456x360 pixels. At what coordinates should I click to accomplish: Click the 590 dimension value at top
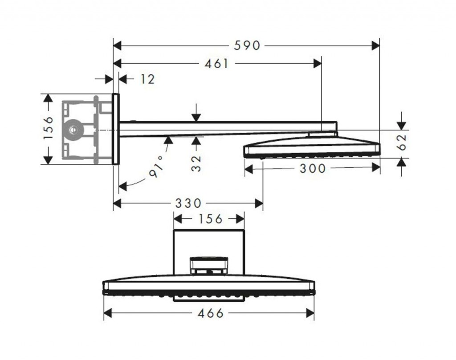tap(247, 45)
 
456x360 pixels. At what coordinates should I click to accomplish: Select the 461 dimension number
tap(216, 64)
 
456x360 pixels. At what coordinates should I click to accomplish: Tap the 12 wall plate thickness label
tap(147, 79)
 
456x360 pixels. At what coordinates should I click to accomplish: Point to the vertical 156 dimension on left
tap(49, 128)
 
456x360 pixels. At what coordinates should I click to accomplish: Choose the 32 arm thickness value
tap(196, 163)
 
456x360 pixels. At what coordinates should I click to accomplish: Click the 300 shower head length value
tap(313, 168)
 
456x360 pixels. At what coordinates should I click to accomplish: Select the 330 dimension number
tap(188, 204)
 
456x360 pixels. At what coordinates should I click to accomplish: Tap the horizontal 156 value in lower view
tap(210, 219)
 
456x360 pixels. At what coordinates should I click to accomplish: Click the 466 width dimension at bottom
tap(210, 313)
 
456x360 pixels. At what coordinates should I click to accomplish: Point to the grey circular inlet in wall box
tap(73, 130)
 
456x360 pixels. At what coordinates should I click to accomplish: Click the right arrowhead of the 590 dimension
tap(375, 45)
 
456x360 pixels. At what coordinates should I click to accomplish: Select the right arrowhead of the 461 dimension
tap(318, 64)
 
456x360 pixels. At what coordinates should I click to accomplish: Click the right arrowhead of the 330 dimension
tap(259, 204)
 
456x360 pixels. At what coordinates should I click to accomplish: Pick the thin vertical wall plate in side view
tap(115, 129)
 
